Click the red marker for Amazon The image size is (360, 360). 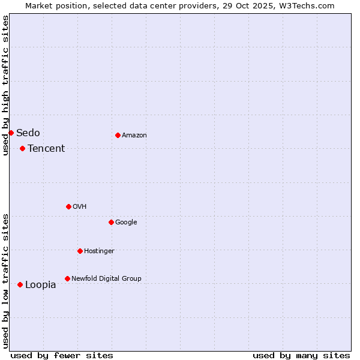pyautogui.click(x=118, y=135)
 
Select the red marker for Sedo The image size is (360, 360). pyautogui.click(x=11, y=133)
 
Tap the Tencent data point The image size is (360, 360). pyautogui.click(x=22, y=148)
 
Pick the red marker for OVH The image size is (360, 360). pyautogui.click(x=68, y=206)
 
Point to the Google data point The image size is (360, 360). pyautogui.click(x=111, y=222)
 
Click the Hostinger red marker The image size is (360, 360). pyautogui.click(x=80, y=251)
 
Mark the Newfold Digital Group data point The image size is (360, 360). pyautogui.click(x=67, y=278)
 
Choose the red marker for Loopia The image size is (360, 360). pyautogui.click(x=20, y=284)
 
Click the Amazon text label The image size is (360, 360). pyautogui.click(x=134, y=136)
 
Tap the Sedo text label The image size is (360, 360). pyautogui.click(x=28, y=133)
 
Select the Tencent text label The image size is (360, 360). pyautogui.click(x=46, y=149)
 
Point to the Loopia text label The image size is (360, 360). pyautogui.click(x=41, y=285)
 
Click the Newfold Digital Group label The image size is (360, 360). pyautogui.click(x=106, y=278)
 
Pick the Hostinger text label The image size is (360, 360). pyautogui.click(x=99, y=251)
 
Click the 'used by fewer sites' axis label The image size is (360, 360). pyautogui.click(x=62, y=355)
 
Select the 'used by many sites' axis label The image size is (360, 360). pyautogui.click(x=301, y=355)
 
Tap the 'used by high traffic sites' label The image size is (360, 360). pyautogui.click(x=5, y=85)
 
